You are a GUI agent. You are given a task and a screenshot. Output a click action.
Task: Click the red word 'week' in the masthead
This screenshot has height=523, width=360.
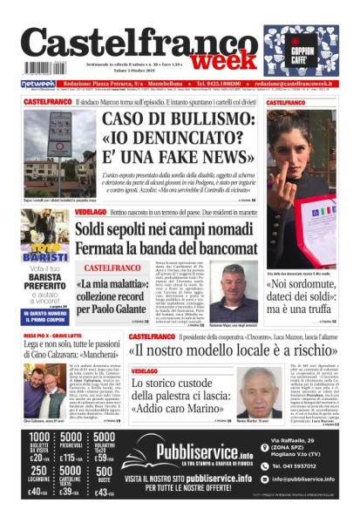tap(224, 62)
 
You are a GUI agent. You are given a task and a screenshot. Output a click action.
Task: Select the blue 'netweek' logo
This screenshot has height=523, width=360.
tap(37, 85)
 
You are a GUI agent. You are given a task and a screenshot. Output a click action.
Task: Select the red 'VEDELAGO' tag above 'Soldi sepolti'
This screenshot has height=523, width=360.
tap(91, 212)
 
